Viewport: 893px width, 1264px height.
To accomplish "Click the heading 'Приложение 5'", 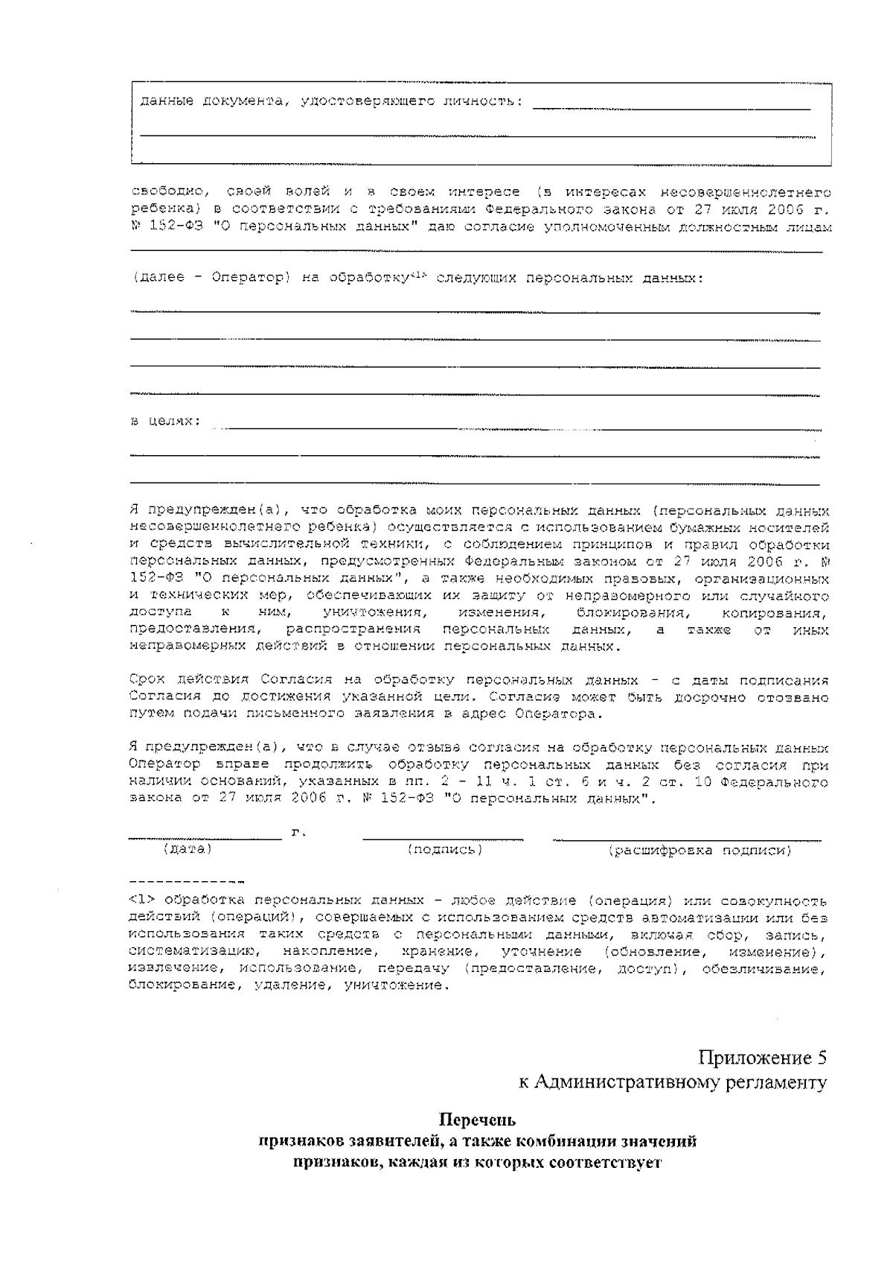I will (762, 1058).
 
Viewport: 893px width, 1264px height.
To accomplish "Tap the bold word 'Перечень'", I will (478, 1120).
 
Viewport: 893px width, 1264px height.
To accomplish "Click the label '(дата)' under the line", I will (187, 849).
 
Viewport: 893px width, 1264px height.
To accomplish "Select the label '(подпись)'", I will (445, 849).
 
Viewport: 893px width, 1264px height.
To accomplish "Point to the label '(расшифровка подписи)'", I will (700, 850).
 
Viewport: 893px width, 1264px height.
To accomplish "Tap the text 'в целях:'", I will (165, 422).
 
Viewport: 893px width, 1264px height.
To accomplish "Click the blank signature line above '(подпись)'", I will (443, 839).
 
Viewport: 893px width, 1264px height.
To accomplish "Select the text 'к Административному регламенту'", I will (673, 1083).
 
